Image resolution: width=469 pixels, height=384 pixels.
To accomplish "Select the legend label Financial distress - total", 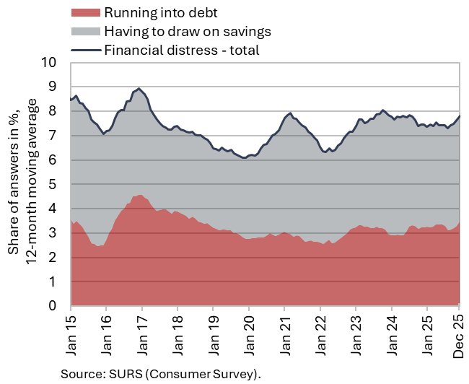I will pos(181,50).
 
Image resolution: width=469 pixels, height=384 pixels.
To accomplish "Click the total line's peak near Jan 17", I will pos(139,89).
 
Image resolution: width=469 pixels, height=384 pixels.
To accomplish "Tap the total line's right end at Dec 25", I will pos(460,116).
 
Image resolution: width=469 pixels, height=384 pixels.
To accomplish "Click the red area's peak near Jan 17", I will pos(139,195).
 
